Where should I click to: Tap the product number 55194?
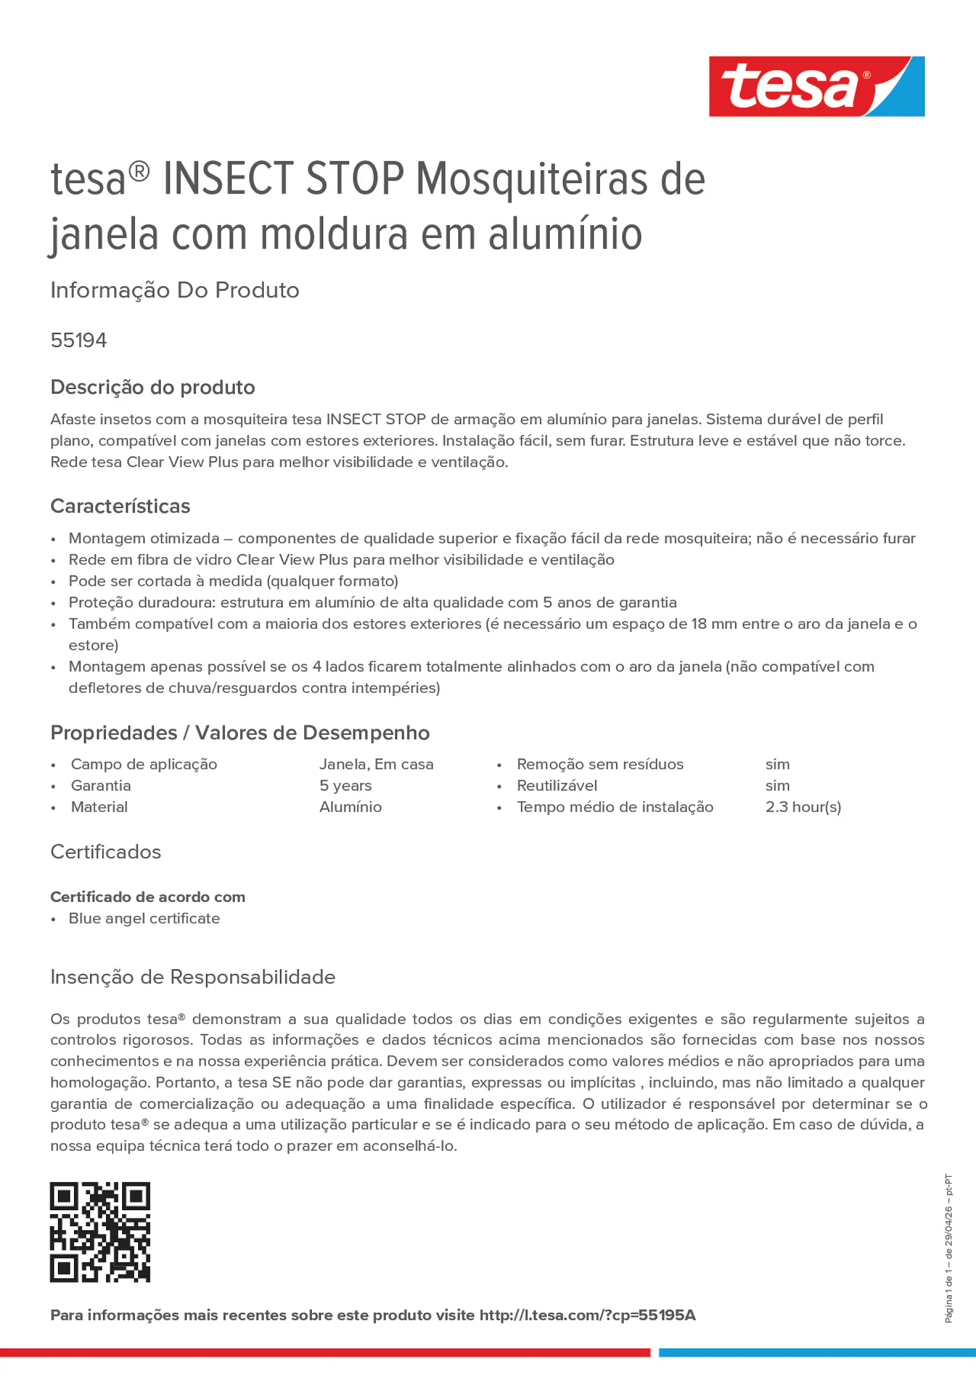(x=78, y=340)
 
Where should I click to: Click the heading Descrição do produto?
(x=152, y=387)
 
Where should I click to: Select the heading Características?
(x=120, y=506)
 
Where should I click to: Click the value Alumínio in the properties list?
(x=350, y=807)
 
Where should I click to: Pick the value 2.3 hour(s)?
(x=803, y=807)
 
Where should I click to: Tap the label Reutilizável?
(x=557, y=785)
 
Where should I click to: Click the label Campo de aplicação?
(x=144, y=764)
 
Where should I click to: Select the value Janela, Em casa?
(x=376, y=764)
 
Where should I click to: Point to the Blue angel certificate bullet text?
(x=144, y=918)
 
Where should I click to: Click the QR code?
(x=100, y=1232)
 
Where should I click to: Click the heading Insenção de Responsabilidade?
(x=192, y=977)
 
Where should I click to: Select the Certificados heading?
(x=106, y=852)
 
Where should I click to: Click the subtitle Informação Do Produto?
(x=174, y=290)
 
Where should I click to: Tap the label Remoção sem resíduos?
(x=600, y=764)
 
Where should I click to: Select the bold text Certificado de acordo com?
(x=147, y=897)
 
